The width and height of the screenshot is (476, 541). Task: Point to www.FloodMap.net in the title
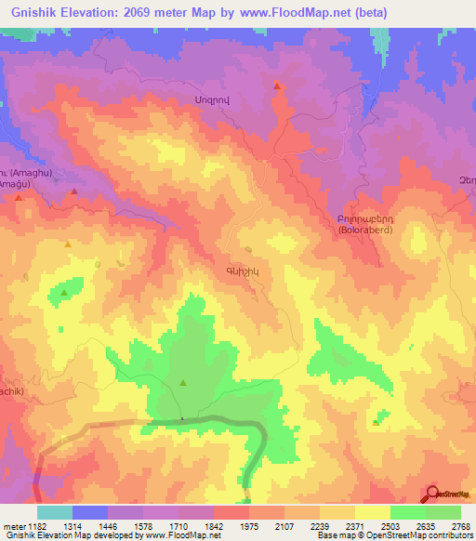tap(291, 12)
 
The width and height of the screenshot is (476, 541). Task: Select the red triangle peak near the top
tap(277, 86)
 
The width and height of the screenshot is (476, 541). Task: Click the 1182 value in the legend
tap(37, 526)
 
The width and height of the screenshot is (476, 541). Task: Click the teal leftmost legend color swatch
tap(55, 512)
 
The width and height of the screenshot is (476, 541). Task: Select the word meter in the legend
tap(13, 526)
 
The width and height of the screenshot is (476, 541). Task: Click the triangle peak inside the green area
tap(182, 382)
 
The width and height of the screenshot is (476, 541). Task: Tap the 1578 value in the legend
tap(126, 526)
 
